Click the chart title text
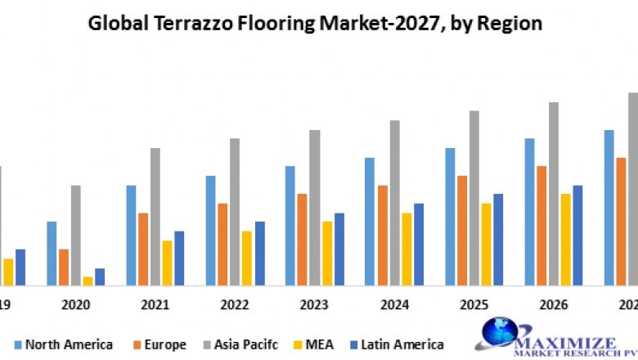(315, 23)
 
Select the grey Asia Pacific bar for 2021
(155, 217)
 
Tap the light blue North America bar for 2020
(52, 254)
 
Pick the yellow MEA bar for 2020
(88, 281)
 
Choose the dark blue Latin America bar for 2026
(577, 236)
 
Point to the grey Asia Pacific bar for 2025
(474, 198)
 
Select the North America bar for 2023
(290, 226)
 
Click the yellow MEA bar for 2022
(247, 258)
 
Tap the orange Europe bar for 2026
(541, 226)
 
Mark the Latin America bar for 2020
(100, 277)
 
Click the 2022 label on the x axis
(235, 304)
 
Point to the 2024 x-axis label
(395, 304)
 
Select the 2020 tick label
(75, 304)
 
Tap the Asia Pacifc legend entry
(238, 344)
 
